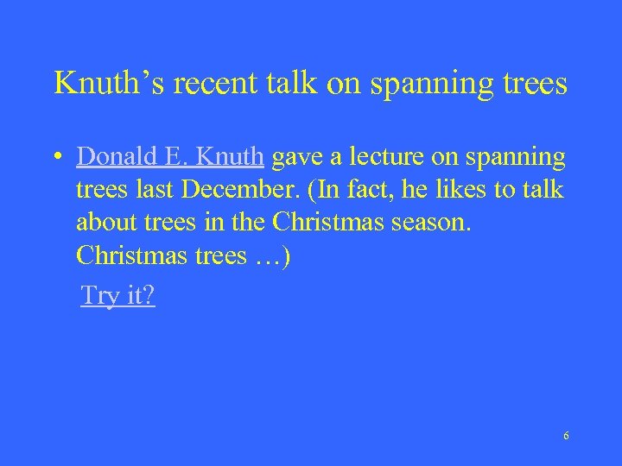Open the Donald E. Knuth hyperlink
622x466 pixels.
pos(169,157)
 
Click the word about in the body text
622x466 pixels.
pos(103,223)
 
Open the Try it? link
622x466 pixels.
pos(118,296)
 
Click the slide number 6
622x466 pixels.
pos(566,436)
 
